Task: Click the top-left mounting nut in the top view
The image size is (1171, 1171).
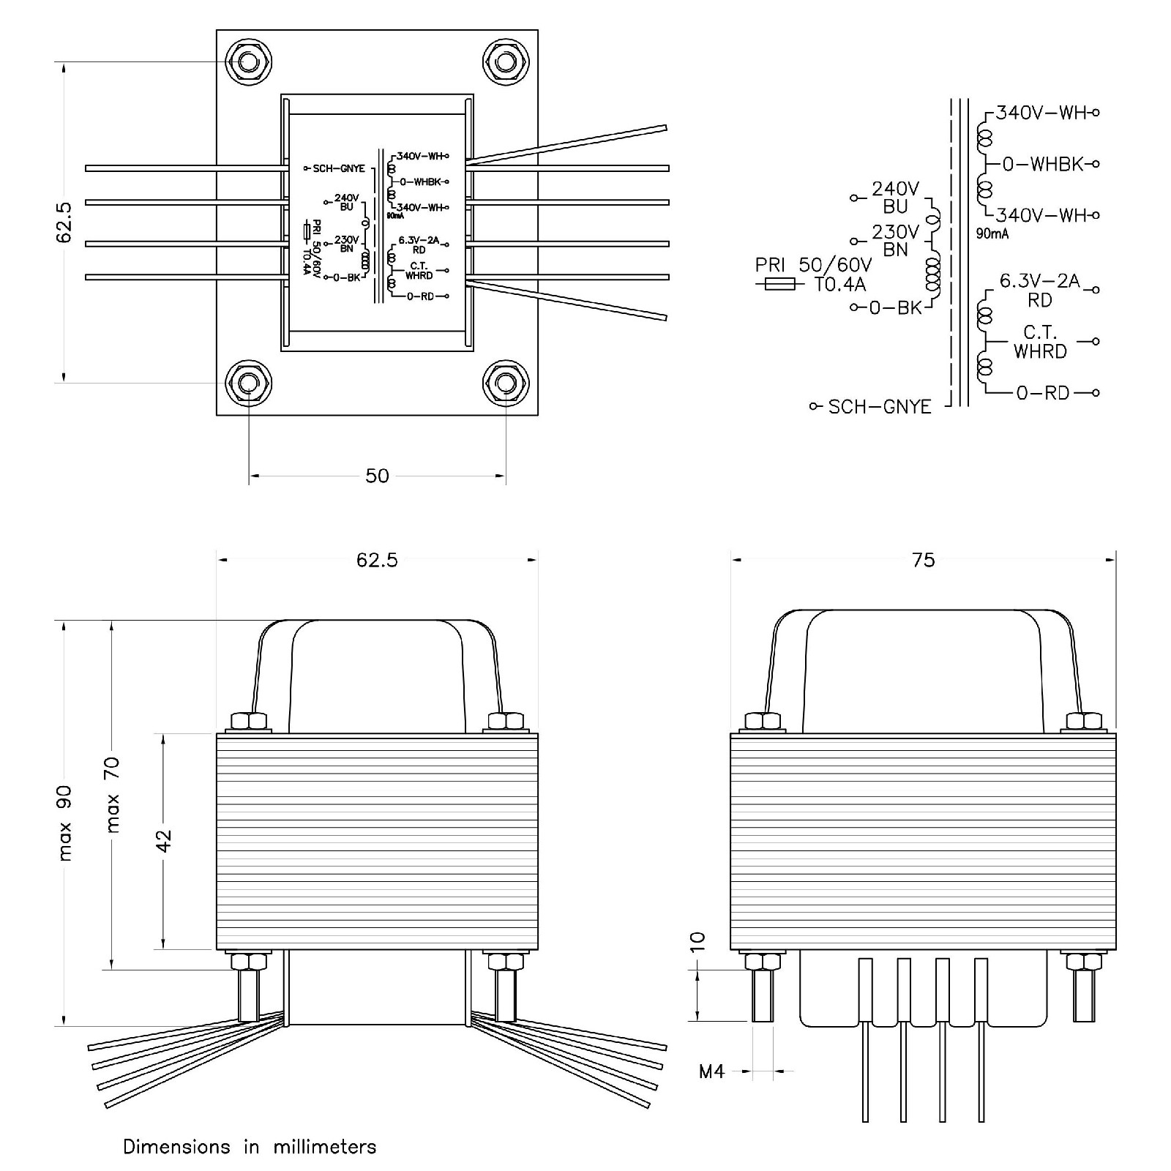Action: click(249, 62)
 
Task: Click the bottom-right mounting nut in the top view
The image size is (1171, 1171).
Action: click(505, 383)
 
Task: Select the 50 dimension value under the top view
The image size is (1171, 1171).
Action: click(377, 476)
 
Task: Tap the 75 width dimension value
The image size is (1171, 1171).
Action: click(924, 561)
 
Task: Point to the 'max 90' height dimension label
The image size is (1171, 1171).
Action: click(65, 823)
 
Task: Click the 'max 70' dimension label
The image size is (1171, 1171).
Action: click(113, 795)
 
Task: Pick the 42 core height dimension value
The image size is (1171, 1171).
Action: click(164, 840)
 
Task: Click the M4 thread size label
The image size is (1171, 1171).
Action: click(711, 1072)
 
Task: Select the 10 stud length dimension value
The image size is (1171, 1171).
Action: click(697, 940)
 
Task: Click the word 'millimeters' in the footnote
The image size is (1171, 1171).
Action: click(325, 1147)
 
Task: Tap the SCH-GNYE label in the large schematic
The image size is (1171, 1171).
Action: click(879, 407)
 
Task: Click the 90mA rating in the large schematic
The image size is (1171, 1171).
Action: click(992, 234)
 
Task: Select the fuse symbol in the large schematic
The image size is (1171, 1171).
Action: click(779, 284)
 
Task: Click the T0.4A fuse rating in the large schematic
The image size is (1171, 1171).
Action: click(840, 284)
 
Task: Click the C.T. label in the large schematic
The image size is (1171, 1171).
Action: click(1039, 334)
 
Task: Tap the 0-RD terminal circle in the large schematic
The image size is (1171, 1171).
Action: click(1096, 393)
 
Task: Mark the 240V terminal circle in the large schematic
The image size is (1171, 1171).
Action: click(853, 198)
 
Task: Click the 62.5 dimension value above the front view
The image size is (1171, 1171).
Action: click(377, 561)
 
